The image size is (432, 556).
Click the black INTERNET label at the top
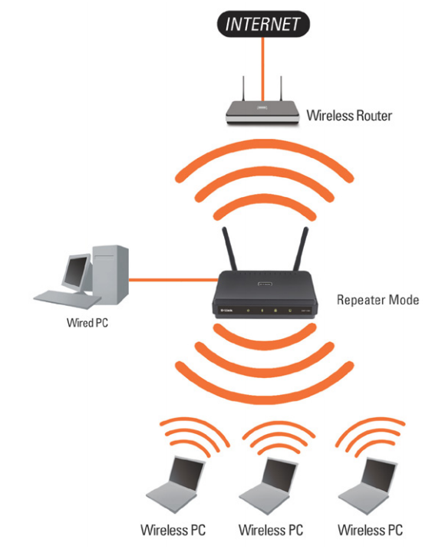pos(263,24)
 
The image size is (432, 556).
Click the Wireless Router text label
pos(349,116)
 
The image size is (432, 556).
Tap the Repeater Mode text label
pos(378,300)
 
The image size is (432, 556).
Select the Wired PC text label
pos(87,323)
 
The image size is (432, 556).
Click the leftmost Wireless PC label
pos(173,530)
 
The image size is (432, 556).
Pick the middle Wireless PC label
pos(271,530)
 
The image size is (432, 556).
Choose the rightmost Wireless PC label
pos(371,530)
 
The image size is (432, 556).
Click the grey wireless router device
pos(263,112)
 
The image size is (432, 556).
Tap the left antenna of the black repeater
pos(229,249)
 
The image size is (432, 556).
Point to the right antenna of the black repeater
pos(301,249)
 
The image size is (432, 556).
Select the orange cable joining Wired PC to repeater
pos(173,280)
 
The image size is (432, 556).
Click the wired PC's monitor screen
pos(75,271)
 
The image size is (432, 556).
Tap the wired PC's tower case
pos(110,275)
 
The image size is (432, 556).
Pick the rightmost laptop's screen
pos(379,475)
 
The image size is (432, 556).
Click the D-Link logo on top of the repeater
pos(265,284)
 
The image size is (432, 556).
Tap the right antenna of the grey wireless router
pos(281,89)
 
